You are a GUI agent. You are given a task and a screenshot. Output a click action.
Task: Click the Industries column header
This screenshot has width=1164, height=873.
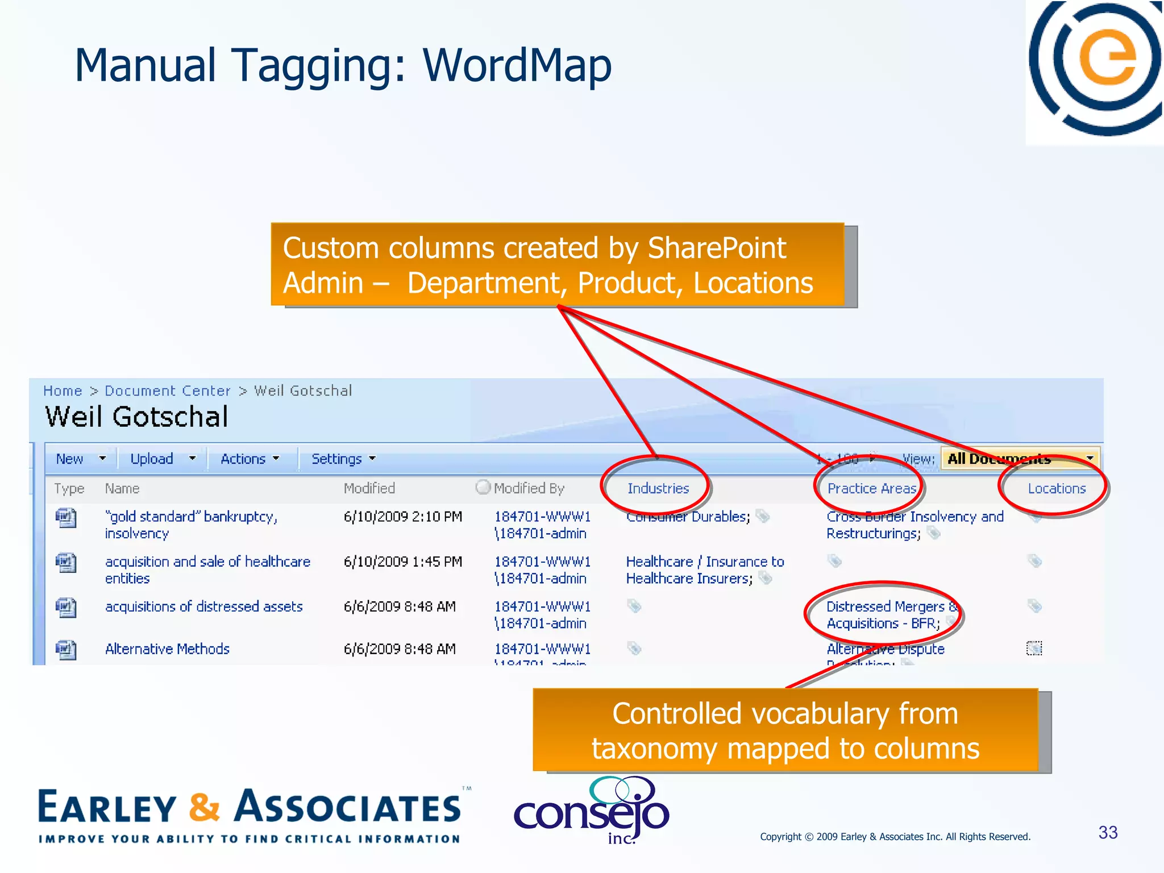pyautogui.click(x=658, y=488)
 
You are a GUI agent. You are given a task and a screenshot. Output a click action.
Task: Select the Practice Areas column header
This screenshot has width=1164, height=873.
pyautogui.click(x=871, y=488)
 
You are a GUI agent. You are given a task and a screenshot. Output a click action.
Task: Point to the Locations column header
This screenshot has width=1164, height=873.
pyautogui.click(x=1056, y=488)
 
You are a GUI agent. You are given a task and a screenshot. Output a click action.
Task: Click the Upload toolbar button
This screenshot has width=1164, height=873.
pyautogui.click(x=152, y=459)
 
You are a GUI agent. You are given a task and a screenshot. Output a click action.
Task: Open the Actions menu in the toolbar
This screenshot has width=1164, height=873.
pyautogui.click(x=243, y=459)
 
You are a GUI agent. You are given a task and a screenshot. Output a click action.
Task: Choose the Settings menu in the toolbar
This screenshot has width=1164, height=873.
pyautogui.click(x=336, y=459)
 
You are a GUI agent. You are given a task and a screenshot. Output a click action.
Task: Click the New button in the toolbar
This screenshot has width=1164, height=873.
pyautogui.click(x=69, y=459)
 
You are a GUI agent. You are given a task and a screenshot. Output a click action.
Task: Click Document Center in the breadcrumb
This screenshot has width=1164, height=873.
pyautogui.click(x=168, y=391)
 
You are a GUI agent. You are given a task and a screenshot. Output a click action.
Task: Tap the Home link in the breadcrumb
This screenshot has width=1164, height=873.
pyautogui.click(x=63, y=391)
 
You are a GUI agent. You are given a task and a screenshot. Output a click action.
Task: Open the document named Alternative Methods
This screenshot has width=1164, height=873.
pyautogui.click(x=167, y=649)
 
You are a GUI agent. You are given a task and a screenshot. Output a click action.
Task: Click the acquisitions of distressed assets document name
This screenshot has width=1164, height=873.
pyautogui.click(x=203, y=606)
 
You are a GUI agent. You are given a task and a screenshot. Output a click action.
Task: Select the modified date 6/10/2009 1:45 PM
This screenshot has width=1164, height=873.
pyautogui.click(x=402, y=562)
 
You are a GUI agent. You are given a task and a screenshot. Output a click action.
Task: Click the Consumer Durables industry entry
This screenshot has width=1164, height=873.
pyautogui.click(x=688, y=517)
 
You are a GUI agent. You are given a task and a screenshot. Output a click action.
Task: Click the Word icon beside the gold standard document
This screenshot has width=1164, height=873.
pyautogui.click(x=66, y=518)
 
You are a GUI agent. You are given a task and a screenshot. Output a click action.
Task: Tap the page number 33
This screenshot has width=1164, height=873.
pyautogui.click(x=1107, y=833)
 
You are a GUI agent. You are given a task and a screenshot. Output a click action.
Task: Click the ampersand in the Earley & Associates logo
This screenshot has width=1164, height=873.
pyautogui.click(x=204, y=807)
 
